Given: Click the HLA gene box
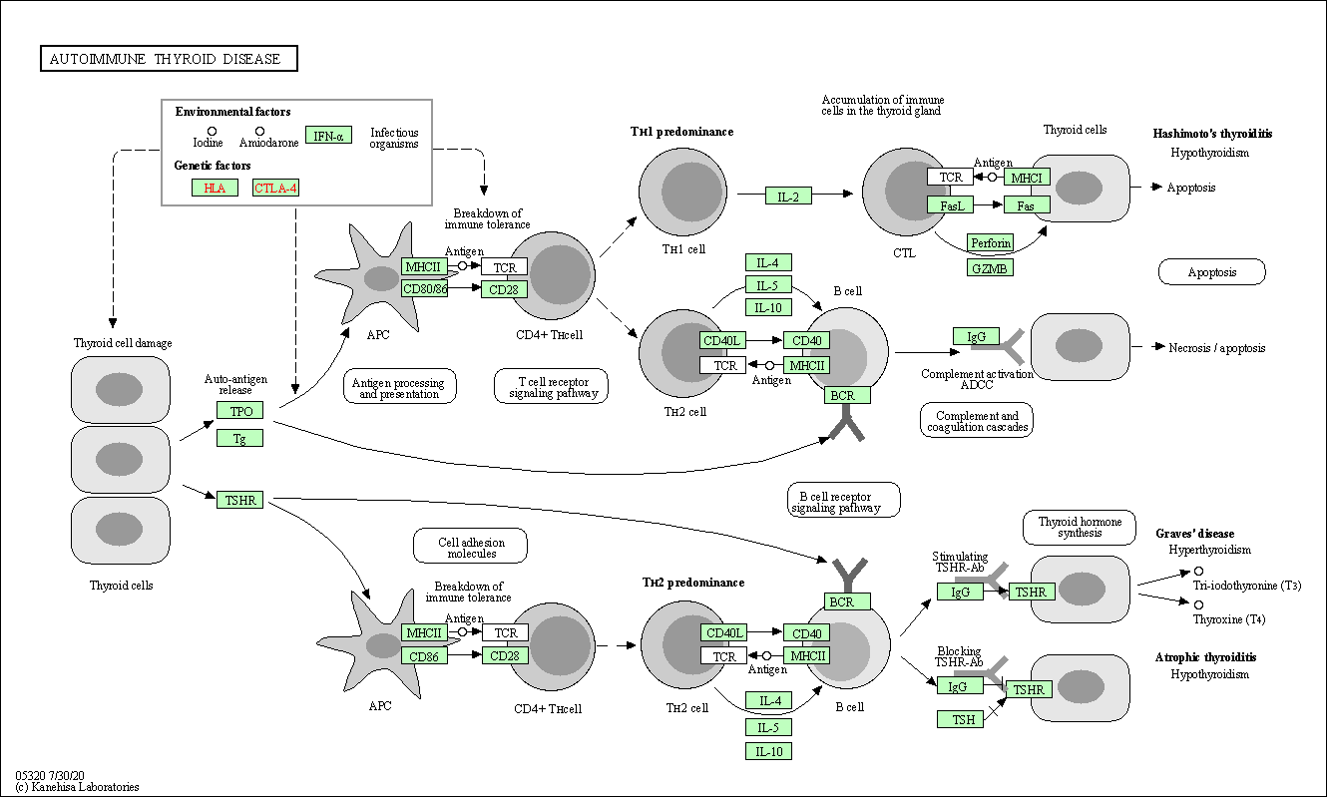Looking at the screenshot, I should coord(215,188).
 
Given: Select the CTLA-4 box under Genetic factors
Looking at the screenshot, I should coord(275,188).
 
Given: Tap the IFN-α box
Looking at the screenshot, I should coord(328,136).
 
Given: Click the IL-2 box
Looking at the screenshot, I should coord(788,196).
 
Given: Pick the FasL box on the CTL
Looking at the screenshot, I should coord(950,204).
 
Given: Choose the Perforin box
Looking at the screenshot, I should coord(990,242).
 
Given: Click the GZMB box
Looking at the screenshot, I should coord(990,267).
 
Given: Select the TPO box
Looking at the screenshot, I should coord(240,411).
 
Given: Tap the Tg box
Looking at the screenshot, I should coord(240,437).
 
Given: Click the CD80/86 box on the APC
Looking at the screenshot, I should coord(424,289).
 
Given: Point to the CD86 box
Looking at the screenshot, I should coord(424,656).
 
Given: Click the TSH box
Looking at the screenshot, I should coord(960,718).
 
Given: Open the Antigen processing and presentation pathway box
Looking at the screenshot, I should coord(399,387).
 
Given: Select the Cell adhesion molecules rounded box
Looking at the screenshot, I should coord(471,546).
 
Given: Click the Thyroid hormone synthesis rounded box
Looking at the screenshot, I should coord(1080,527).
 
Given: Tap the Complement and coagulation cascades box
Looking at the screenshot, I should coord(976,420).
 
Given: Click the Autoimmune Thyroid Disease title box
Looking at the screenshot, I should coord(169,59).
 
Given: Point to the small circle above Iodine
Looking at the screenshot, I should coord(212,131).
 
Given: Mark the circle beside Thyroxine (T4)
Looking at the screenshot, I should coord(1198,604).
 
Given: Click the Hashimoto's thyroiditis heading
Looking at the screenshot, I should coord(1212,133).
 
